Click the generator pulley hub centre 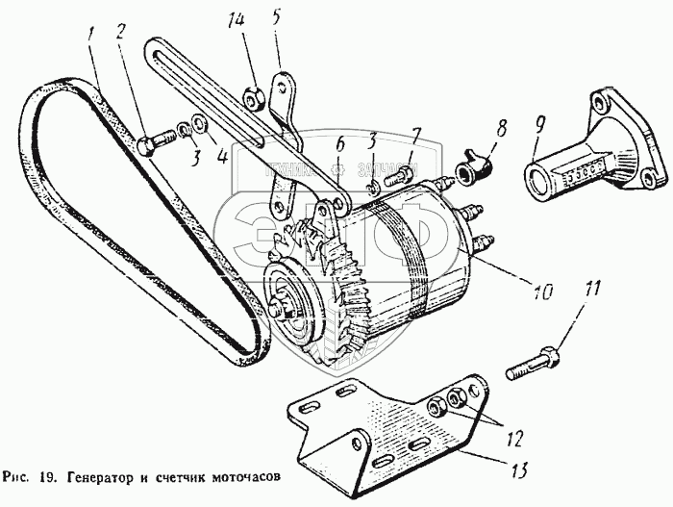[x=284, y=310]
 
